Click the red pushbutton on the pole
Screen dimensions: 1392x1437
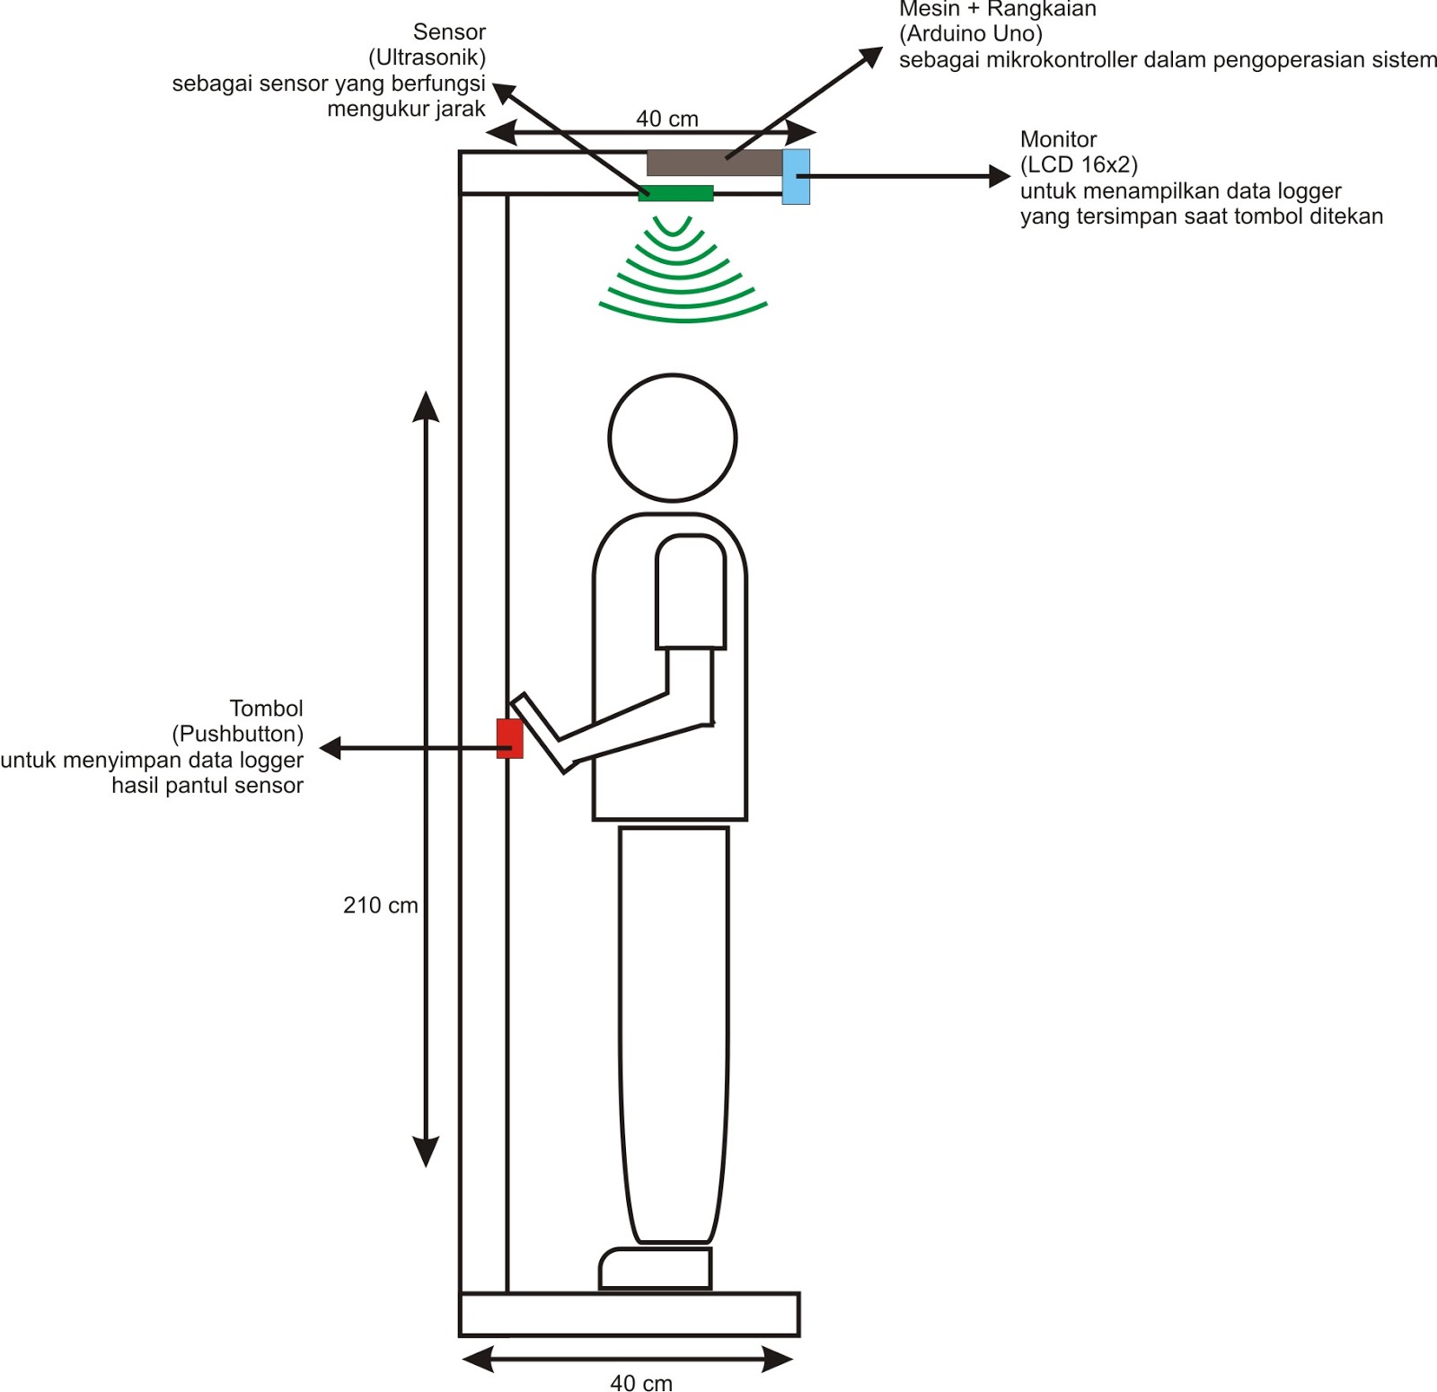coord(509,738)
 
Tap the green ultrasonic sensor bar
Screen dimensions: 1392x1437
coord(675,193)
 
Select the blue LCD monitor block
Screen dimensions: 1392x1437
coord(796,177)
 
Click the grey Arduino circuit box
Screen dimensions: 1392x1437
coord(714,163)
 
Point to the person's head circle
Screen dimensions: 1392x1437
coord(673,438)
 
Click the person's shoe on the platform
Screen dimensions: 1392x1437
coord(656,1268)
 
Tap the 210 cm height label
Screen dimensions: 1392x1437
coord(380,905)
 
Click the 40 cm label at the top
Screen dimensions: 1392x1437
coord(667,119)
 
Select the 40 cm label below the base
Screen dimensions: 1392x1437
coord(641,1382)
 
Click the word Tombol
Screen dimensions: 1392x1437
coord(266,709)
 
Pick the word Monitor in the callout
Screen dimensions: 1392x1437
coord(1058,139)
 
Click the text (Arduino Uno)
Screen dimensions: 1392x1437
coord(970,34)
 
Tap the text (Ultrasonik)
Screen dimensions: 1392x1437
coord(427,57)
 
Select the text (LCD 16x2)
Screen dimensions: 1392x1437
coord(1079,165)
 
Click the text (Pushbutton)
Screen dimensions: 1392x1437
coord(237,734)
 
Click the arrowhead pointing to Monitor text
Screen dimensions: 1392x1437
coord(1000,177)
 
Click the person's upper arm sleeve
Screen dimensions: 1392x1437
coord(691,593)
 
